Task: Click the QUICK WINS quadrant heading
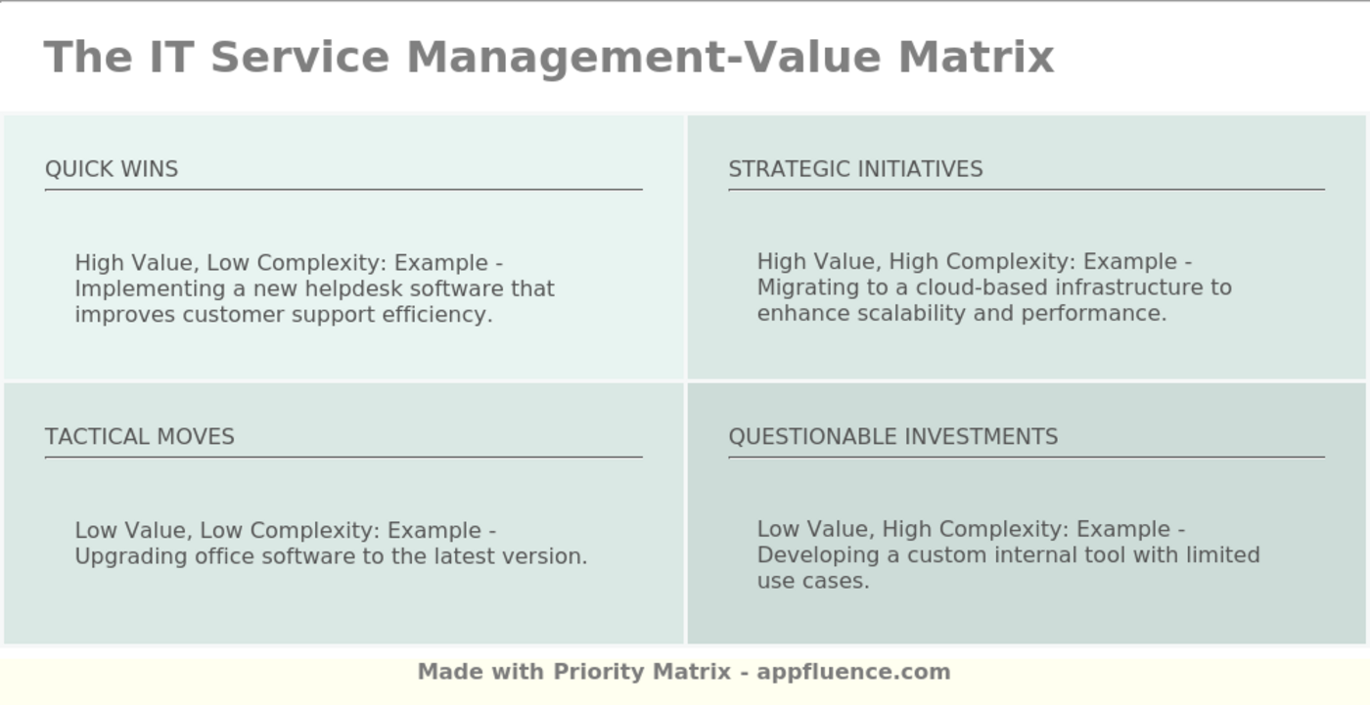pos(112,169)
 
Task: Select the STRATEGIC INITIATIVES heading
pos(855,169)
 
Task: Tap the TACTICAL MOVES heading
pos(140,437)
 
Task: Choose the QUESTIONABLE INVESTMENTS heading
pos(892,437)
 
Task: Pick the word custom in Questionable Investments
pos(946,555)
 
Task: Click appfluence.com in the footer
pos(853,672)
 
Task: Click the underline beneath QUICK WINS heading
pos(343,190)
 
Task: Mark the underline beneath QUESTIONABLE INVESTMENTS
pos(1027,457)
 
